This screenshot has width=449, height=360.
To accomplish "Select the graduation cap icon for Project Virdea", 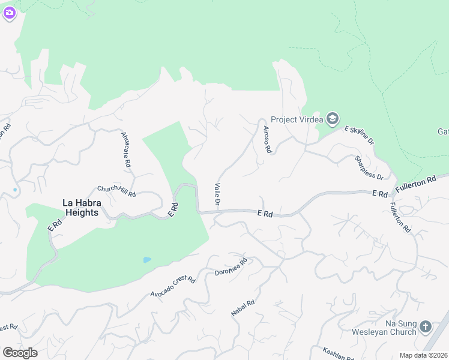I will pos(332,119).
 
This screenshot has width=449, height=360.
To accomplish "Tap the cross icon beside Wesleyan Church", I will pos(426,327).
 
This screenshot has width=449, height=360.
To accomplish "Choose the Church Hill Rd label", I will pos(116,191).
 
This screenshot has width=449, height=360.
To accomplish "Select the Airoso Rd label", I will pos(266,139).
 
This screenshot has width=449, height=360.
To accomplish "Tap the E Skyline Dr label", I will pos(360,136).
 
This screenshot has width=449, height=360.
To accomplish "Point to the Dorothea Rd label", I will pos(231,267).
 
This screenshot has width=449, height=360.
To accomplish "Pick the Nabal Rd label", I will pos(243,308).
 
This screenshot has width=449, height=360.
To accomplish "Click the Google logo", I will pos(20,353).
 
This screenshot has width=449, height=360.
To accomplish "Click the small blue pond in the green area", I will pos(146,260).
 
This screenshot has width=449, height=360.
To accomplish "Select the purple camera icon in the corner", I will pos(9,13).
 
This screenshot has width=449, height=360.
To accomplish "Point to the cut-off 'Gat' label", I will pos(443,131).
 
